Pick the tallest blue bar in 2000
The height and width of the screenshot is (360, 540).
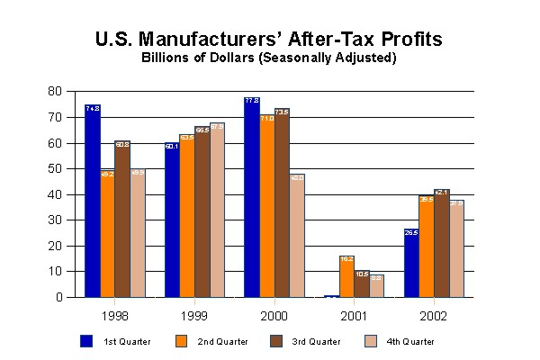click(251, 197)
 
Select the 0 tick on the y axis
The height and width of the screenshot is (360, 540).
click(58, 297)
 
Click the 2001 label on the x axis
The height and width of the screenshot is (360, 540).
click(355, 316)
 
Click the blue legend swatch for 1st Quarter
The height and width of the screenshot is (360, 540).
click(86, 341)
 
